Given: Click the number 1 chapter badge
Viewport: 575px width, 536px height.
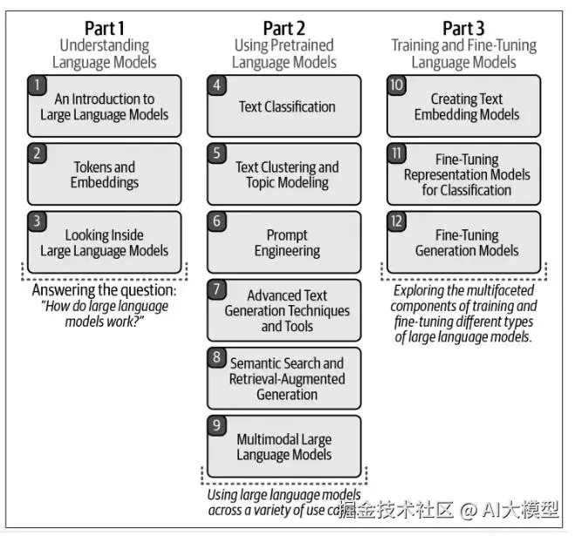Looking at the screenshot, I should (x=38, y=85).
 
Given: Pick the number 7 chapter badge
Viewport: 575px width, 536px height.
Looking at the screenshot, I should (x=217, y=289).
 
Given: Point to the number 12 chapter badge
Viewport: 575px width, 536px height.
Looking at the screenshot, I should (x=397, y=221).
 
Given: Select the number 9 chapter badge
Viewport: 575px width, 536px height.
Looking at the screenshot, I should (x=217, y=425).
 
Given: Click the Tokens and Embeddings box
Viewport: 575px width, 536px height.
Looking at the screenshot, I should (x=104, y=174).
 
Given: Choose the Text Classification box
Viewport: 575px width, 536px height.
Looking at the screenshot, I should (x=284, y=106).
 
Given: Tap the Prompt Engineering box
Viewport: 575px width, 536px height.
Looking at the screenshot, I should (x=284, y=242).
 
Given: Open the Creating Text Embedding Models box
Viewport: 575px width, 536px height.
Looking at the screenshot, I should (x=463, y=106).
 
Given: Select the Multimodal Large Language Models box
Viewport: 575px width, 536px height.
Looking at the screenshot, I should (x=284, y=446).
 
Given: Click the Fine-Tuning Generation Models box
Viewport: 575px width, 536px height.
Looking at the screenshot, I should (x=463, y=242).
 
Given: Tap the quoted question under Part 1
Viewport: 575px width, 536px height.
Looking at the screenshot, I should (x=104, y=313).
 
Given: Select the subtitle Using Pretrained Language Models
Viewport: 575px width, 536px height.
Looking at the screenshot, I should (x=285, y=53).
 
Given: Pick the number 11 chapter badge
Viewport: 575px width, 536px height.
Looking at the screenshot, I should (x=397, y=153).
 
